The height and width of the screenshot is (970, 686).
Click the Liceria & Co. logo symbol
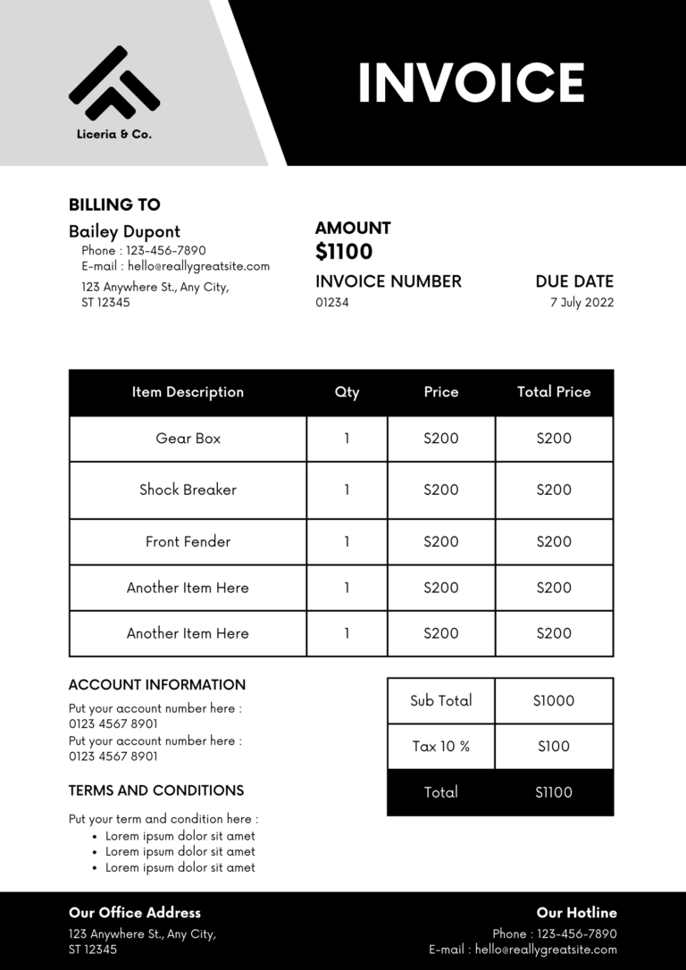coord(113,84)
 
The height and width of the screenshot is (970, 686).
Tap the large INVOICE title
coord(471,82)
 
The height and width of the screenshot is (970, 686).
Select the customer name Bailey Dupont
coord(124,231)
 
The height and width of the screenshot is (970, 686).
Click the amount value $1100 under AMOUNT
coord(344,252)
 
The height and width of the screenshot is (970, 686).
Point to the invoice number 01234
coord(331,303)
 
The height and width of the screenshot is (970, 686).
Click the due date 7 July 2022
coord(581,303)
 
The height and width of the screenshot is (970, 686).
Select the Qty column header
coord(347,392)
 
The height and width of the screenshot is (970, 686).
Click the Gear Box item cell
coord(188,439)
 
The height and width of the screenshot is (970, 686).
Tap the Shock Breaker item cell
coord(188,489)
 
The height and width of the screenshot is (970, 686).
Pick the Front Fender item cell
coord(188,541)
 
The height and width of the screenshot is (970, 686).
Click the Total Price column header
coord(554,392)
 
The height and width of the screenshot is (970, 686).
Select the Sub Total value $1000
coord(554,701)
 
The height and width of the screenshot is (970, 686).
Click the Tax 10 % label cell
coord(440,747)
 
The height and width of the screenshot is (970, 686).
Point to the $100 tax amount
coord(554,747)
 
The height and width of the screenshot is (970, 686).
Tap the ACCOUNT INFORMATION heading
coord(157,685)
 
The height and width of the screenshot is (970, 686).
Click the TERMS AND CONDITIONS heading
coord(156,790)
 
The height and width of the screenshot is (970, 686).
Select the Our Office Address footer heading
coord(135,913)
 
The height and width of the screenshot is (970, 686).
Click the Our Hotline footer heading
coord(576,913)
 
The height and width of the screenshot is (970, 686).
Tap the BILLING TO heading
coord(114,205)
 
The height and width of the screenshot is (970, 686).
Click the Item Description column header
coord(188,392)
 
